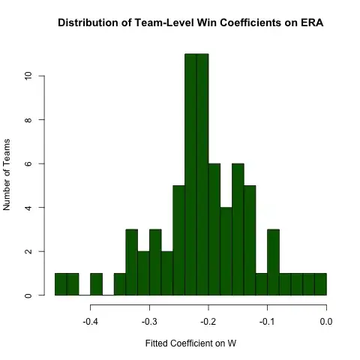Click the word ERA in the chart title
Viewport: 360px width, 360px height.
pyautogui.click(x=292, y=24)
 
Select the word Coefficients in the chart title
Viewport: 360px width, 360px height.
pyautogui.click(x=238, y=24)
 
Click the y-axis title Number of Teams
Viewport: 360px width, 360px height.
pyautogui.click(x=8, y=172)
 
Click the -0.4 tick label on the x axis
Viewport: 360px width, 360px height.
pyautogui.click(x=90, y=322)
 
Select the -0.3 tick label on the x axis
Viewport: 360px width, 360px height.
pyautogui.click(x=149, y=322)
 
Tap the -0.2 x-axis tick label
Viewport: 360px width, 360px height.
pyautogui.click(x=208, y=322)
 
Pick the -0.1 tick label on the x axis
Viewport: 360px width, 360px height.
pyautogui.click(x=268, y=322)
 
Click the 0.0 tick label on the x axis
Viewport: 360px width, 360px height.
pyautogui.click(x=326, y=322)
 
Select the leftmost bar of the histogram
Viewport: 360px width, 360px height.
pyautogui.click(x=61, y=284)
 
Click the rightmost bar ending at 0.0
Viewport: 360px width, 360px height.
pyautogui.click(x=321, y=284)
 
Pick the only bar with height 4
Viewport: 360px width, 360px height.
pyautogui.click(x=226, y=251)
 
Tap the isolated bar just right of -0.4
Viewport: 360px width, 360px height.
pyautogui.click(x=96, y=284)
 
